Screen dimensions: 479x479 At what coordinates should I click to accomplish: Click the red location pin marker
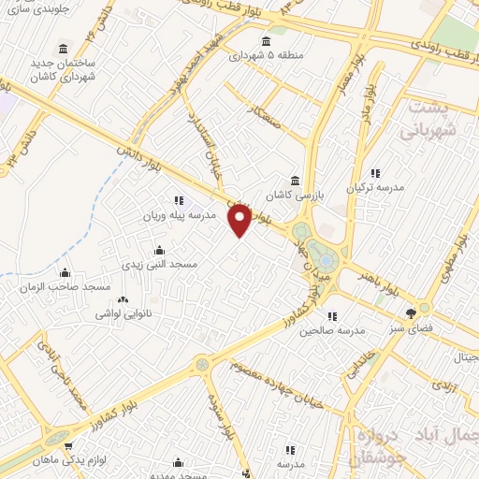[x=240, y=219]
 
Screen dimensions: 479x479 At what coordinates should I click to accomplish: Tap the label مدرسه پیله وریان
[x=179, y=214]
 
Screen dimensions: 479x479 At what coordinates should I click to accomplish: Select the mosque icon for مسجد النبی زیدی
[x=157, y=250]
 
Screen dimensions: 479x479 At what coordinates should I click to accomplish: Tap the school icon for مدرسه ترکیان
[x=375, y=173]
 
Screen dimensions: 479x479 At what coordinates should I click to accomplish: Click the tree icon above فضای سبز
[x=409, y=312]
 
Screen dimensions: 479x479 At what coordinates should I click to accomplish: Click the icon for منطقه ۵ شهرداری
[x=267, y=40]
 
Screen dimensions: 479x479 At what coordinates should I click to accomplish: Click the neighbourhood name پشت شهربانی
[x=430, y=121]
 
